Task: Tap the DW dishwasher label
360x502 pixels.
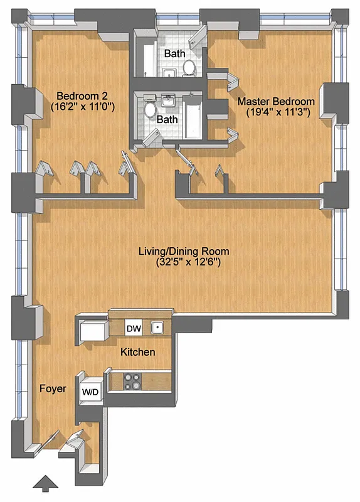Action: click(x=133, y=328)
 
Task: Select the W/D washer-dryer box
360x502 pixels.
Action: click(x=90, y=392)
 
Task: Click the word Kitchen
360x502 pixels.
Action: click(x=137, y=352)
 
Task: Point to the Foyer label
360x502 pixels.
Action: click(x=53, y=389)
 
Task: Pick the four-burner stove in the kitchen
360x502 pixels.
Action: click(x=133, y=382)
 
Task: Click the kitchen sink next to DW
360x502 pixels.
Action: click(x=158, y=327)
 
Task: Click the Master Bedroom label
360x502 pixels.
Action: click(x=275, y=101)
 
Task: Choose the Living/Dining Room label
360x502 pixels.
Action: click(x=183, y=251)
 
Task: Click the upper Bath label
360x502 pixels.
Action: click(x=175, y=54)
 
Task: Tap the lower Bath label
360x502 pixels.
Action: click(x=167, y=119)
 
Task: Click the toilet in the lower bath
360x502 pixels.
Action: click(x=150, y=110)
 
